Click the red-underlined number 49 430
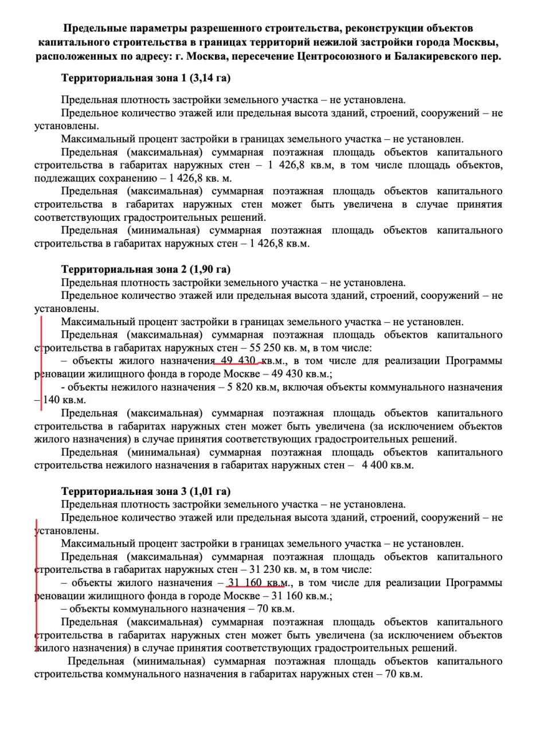pyautogui.click(x=237, y=361)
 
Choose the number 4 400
pyautogui.click(x=375, y=466)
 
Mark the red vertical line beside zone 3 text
pyautogui.click(x=37, y=585)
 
